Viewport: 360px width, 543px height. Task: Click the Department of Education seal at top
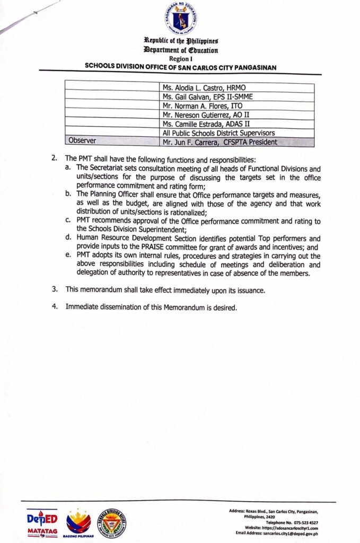click(180, 19)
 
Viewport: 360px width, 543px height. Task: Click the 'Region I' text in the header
click(180, 59)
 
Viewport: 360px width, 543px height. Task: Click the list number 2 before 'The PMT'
click(54, 159)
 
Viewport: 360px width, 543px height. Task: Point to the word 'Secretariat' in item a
click(119, 168)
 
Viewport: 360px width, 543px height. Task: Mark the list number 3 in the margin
click(54, 290)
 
